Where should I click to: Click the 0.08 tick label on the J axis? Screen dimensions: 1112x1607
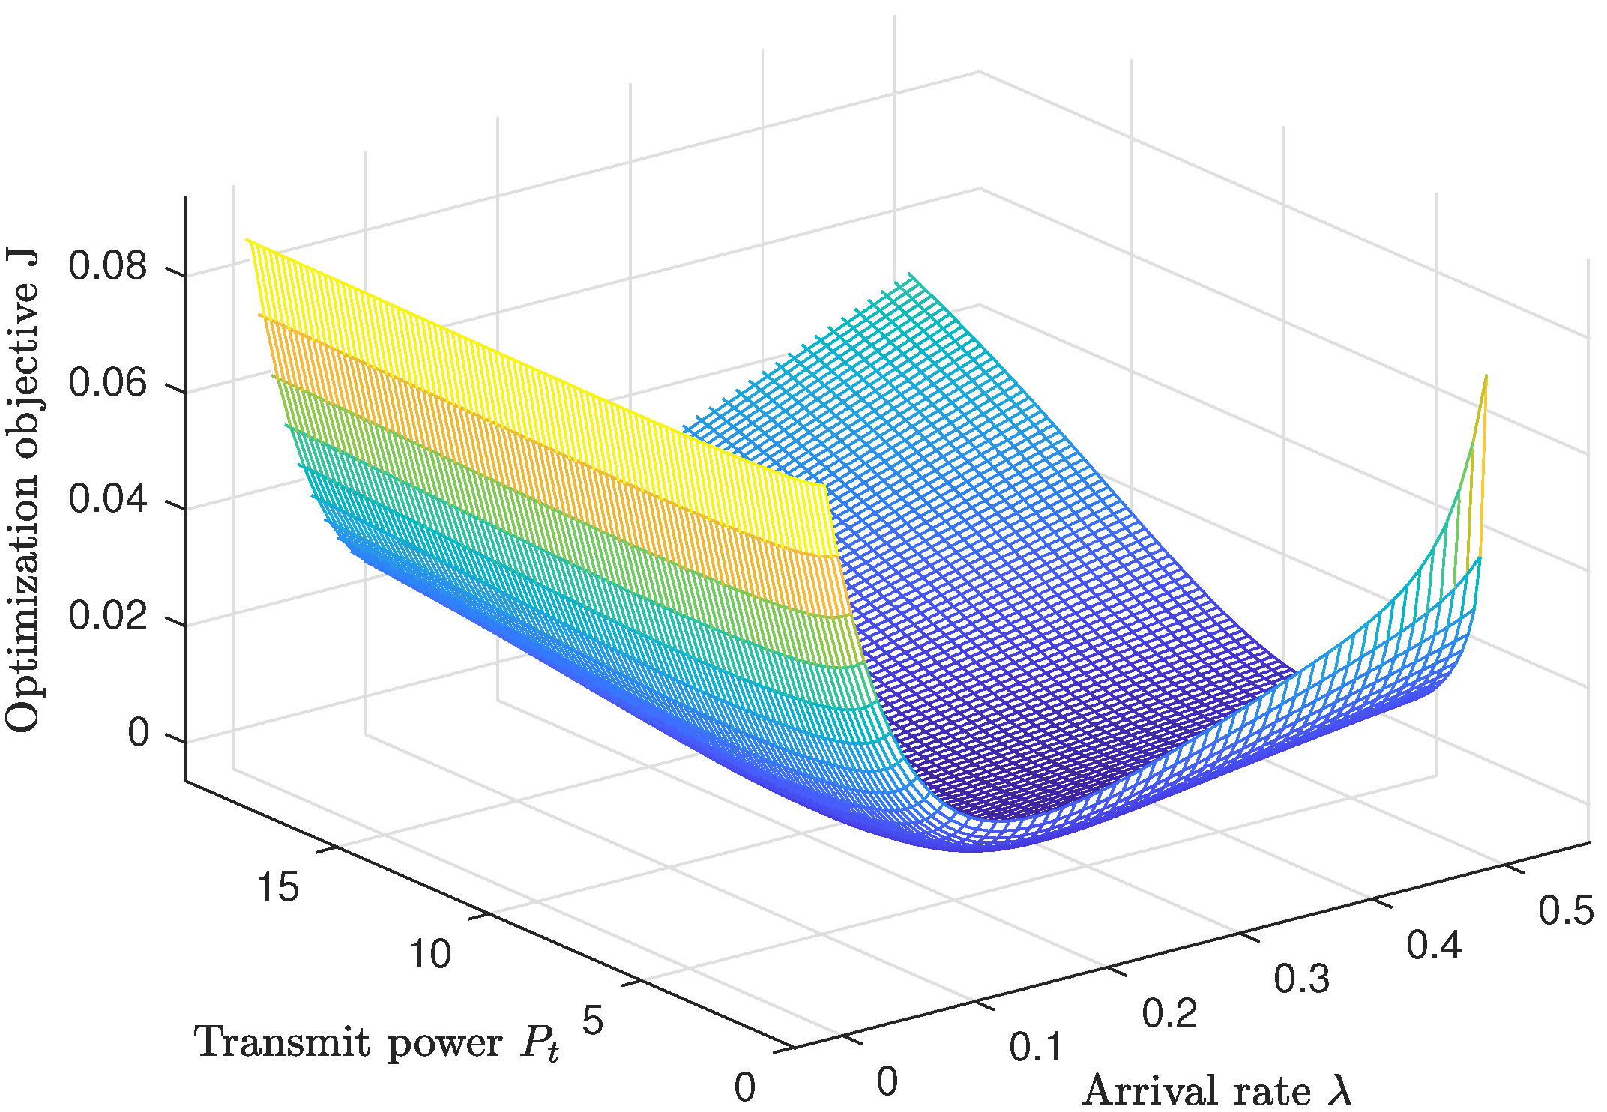107,266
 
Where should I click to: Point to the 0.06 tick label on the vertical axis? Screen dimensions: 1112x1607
107,383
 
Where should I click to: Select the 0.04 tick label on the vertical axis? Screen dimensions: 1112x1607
107,499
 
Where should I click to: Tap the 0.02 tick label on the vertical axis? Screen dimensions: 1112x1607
107,616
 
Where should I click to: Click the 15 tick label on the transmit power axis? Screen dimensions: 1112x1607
277,887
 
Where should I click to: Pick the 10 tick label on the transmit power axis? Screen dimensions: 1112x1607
429,954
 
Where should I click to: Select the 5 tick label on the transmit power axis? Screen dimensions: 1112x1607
592,1021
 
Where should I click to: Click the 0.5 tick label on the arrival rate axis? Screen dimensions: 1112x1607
1566,911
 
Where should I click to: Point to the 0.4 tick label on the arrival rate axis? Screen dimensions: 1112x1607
1434,946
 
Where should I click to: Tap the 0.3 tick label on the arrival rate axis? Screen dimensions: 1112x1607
1302,979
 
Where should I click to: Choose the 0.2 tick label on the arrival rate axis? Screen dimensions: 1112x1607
1169,1014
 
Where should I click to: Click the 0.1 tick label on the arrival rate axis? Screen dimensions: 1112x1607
1037,1048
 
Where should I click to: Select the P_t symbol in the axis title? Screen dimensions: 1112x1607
540,1044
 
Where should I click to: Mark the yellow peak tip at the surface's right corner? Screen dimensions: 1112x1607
1486,376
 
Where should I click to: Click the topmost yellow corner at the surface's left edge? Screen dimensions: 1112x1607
247,240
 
